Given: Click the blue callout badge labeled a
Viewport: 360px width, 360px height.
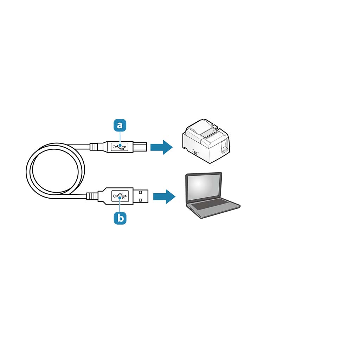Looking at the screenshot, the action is click(x=120, y=125).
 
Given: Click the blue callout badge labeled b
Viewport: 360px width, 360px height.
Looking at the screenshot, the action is click(x=120, y=218).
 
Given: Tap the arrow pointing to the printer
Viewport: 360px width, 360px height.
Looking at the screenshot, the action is click(x=161, y=147).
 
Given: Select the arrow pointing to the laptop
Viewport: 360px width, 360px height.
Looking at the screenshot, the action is click(x=164, y=197).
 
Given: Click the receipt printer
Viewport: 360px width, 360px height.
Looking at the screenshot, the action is click(x=206, y=141).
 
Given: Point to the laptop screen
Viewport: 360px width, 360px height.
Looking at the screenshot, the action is click(x=204, y=187).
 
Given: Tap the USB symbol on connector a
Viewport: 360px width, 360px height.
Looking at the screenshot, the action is click(x=120, y=147).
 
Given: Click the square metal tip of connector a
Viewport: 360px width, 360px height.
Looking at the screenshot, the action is click(x=140, y=147).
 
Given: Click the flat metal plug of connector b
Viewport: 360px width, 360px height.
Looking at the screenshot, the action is click(x=141, y=196).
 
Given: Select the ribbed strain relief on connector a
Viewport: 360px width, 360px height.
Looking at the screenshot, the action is click(x=94, y=147).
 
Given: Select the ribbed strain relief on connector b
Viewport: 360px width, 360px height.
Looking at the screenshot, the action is click(x=92, y=196).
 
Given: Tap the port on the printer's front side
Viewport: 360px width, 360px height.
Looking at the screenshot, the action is click(x=195, y=153).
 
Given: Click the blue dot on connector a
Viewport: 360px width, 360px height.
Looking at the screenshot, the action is click(x=120, y=145).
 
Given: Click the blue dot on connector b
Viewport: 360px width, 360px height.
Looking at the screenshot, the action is click(x=120, y=198).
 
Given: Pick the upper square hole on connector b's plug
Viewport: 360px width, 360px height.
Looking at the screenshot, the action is click(x=140, y=192).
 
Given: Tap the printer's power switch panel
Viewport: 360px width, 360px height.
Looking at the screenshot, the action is click(x=224, y=147).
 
